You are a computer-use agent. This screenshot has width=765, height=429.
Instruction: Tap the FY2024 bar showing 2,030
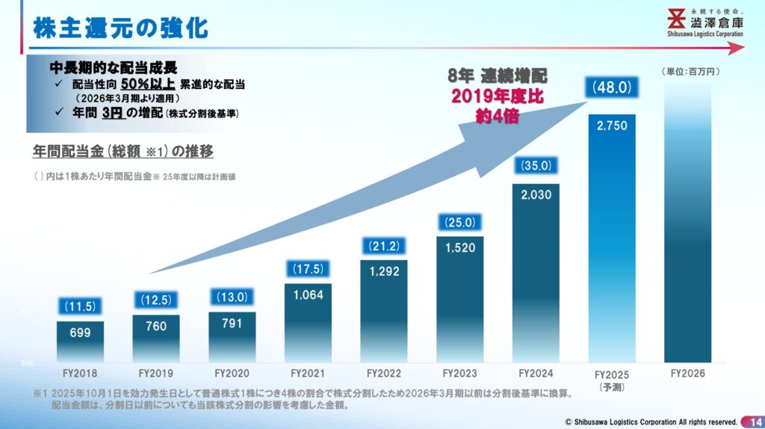point(536,273)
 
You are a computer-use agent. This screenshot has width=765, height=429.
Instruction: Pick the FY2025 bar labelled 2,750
point(612,238)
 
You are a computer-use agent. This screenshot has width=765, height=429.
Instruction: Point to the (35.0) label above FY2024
point(536,166)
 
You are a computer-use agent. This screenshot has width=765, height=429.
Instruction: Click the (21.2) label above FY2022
point(384,245)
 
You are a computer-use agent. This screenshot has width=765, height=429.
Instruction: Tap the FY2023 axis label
point(460,372)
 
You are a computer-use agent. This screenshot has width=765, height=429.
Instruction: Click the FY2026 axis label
point(687,372)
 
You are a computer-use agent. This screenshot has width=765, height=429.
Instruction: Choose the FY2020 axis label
point(232,372)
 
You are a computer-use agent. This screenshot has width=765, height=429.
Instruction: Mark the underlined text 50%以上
point(147,84)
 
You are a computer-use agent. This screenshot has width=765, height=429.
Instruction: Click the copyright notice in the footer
point(650,421)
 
